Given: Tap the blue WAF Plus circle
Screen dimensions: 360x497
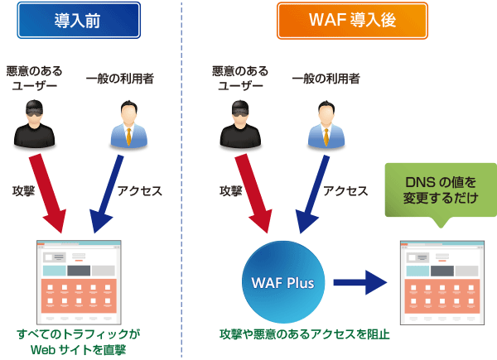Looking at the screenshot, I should [282, 281].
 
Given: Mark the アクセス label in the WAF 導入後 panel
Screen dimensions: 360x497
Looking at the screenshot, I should [345, 190].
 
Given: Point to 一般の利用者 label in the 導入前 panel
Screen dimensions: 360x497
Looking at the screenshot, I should [120, 79].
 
